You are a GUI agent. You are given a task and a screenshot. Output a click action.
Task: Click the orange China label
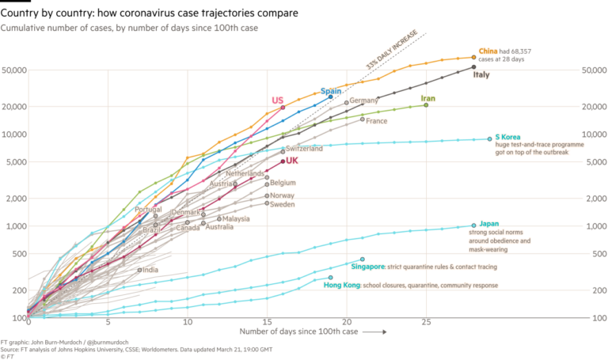[x=487, y=52]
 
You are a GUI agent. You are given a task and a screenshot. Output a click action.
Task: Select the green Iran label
[x=427, y=99]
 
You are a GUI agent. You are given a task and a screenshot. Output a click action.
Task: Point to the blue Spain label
[x=330, y=92]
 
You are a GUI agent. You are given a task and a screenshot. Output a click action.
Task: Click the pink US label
[x=277, y=100]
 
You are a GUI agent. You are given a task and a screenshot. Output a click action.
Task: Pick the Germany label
[x=363, y=100]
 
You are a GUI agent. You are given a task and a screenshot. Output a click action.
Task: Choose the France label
[x=376, y=121]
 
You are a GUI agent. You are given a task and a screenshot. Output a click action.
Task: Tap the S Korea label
[x=507, y=136]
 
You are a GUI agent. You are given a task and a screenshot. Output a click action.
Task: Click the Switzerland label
[x=303, y=148]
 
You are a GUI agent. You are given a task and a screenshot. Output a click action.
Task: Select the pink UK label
[x=291, y=161]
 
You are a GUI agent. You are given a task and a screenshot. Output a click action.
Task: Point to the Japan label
[x=488, y=224]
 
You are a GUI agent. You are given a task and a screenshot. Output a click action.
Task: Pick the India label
[x=149, y=270]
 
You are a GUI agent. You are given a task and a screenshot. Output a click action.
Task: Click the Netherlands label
[x=245, y=173]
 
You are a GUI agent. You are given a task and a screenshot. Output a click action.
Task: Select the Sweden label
[x=283, y=205]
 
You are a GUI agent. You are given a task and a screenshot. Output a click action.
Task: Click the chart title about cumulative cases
[x=131, y=27]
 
